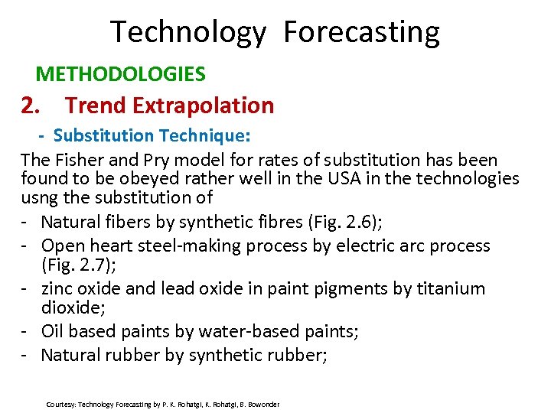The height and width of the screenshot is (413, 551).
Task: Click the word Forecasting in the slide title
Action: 361,33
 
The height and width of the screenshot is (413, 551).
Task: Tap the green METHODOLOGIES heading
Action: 121,74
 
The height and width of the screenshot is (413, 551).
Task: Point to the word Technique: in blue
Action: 204,135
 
